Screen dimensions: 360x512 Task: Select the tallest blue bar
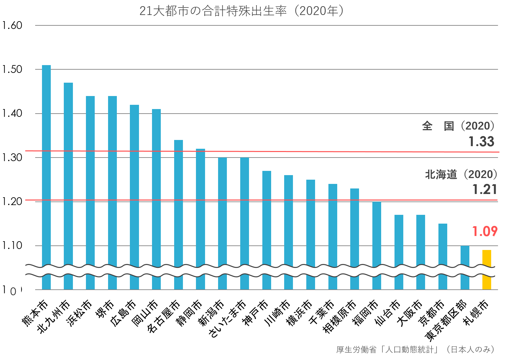46,163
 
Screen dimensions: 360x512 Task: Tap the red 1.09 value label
485,231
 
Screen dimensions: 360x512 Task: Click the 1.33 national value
481,142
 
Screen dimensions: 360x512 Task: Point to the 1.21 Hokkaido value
484,189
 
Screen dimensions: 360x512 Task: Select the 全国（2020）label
458,126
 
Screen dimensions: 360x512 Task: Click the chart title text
242,11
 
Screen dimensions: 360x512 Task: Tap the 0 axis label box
13,291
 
